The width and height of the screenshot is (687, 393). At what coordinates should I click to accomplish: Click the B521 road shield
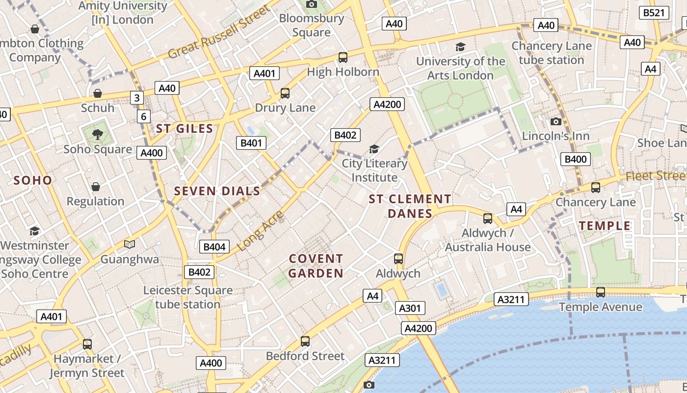654,13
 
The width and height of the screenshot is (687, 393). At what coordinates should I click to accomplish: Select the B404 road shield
214,247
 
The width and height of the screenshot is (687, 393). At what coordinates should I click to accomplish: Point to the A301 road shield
409,308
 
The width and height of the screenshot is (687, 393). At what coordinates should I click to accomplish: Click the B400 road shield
576,159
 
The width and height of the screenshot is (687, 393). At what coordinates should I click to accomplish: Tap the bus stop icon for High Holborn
343,57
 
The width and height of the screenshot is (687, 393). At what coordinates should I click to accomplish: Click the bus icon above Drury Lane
285,93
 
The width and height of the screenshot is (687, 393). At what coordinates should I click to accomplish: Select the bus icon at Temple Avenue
600,292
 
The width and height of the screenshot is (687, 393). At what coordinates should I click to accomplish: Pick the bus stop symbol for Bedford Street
305,341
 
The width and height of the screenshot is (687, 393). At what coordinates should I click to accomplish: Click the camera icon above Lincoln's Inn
556,121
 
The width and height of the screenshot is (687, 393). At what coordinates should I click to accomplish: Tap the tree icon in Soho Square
98,134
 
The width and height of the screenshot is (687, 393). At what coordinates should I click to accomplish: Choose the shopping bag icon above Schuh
98,93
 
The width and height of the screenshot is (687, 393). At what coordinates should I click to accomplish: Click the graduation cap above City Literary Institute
374,149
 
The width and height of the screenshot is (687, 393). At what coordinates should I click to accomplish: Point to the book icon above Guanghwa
130,244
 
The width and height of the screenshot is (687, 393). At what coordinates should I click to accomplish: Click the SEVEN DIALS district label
217,191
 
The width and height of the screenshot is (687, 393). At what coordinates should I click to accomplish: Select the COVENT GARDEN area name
316,266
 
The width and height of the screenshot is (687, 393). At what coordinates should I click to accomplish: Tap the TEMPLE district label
605,226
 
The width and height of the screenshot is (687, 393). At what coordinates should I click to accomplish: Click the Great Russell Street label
219,32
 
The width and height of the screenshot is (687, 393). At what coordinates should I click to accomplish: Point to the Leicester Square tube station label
188,297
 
